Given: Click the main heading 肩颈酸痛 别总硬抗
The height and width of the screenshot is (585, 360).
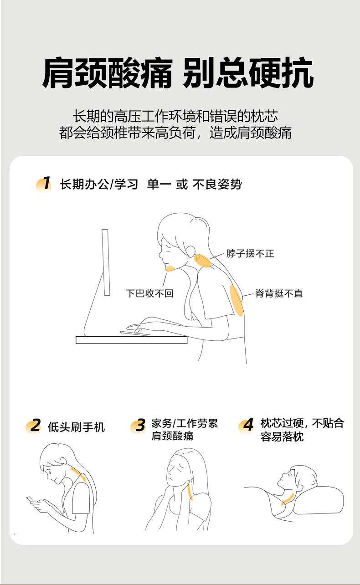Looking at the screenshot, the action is [x=178, y=72].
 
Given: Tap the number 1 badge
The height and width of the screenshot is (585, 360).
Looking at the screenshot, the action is [x=44, y=184].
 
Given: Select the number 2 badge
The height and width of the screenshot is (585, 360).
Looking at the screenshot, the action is [x=33, y=426].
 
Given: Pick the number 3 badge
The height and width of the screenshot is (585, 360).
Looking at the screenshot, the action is [x=138, y=426].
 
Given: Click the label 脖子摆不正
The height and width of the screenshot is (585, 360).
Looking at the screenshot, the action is [x=250, y=253].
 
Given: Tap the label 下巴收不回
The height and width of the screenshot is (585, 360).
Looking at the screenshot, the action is [x=149, y=293].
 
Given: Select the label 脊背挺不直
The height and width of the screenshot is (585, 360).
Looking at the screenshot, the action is [x=279, y=293].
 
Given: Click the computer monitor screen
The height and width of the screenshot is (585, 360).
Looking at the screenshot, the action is [x=106, y=262].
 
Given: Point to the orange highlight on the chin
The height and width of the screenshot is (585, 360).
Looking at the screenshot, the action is [x=170, y=268].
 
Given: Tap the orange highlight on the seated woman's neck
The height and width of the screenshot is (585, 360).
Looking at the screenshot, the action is [x=202, y=261].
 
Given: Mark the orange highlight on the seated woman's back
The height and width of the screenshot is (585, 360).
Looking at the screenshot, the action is [x=237, y=300].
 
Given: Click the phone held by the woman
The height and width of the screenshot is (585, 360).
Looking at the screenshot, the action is [x=30, y=500].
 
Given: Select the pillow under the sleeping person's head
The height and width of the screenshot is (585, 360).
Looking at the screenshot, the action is [x=320, y=500].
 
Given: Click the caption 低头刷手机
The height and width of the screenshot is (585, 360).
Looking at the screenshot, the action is [x=76, y=427].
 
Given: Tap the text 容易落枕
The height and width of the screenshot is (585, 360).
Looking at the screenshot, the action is [x=282, y=436].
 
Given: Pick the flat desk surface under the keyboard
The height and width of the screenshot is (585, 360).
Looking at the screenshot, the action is [x=131, y=340].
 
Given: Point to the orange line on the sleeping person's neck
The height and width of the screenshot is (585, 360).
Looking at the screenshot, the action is [x=288, y=499].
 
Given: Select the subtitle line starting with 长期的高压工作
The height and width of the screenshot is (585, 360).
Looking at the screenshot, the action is [x=175, y=116].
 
